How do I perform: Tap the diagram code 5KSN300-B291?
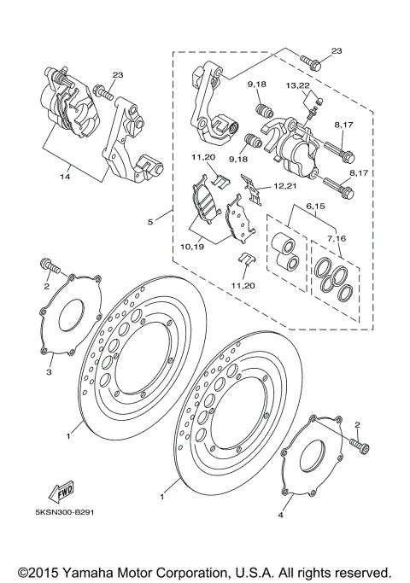coord(73,514)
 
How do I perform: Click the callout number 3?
coord(50,372)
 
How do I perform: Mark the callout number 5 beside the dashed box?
coord(149,223)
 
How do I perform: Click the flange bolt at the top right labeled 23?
coord(311,61)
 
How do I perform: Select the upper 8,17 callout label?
coord(344,125)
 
